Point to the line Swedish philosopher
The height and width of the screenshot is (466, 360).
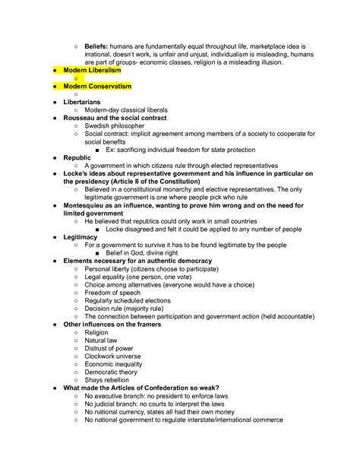121,125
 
